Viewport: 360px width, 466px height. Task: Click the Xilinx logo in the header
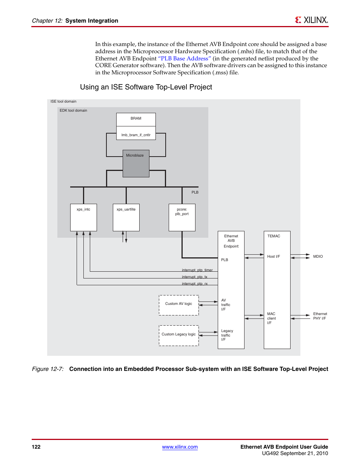click(311, 20)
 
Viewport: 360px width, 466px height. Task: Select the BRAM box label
click(136, 118)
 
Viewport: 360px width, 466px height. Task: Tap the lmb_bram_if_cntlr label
click(136, 135)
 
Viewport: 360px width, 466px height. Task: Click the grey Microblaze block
click(136, 164)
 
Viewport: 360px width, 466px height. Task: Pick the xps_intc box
click(83, 217)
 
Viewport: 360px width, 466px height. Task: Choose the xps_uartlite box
click(126, 217)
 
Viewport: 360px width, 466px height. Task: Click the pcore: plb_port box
click(182, 217)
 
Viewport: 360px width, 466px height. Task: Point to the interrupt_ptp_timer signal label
click(197, 270)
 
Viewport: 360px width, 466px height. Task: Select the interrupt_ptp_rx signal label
click(195, 284)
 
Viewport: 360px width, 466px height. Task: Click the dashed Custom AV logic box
click(178, 305)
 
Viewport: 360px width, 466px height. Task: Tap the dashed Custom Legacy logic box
click(178, 335)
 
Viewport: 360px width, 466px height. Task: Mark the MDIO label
click(318, 257)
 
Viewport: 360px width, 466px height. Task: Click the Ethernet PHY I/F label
click(320, 316)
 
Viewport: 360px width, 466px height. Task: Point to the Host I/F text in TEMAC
click(274, 257)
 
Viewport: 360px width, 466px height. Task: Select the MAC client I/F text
click(271, 318)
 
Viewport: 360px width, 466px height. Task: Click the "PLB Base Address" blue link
click(185, 58)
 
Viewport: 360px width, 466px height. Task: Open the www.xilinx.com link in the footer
click(180, 447)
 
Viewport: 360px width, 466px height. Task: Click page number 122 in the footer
click(36, 447)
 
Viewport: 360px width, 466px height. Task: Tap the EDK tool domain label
click(73, 111)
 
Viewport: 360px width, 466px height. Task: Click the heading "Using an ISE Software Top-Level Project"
click(146, 87)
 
